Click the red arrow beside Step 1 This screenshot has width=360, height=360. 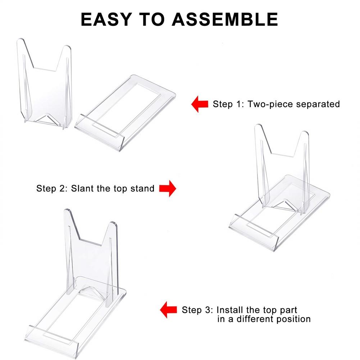point(200,104)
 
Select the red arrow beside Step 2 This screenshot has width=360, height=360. point(167,188)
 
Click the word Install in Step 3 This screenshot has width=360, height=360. point(231,310)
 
